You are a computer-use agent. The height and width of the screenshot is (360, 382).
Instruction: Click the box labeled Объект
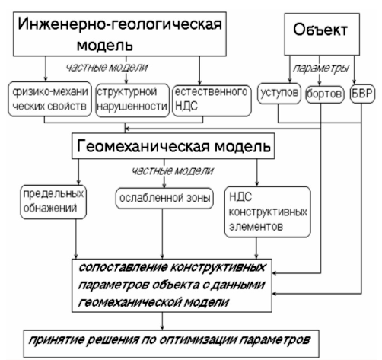(322, 34)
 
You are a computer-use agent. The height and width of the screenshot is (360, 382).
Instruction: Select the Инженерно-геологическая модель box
(119, 34)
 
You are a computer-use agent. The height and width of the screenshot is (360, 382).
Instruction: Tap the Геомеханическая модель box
(173, 146)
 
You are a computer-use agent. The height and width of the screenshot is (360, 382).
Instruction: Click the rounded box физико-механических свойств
(49, 99)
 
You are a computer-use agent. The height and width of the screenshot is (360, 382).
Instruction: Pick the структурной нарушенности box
(132, 100)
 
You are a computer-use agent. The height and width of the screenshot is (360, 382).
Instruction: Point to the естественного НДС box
(212, 100)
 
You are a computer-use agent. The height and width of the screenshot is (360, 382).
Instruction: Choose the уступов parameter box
(279, 94)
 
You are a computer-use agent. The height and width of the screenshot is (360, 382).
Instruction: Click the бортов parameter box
(325, 94)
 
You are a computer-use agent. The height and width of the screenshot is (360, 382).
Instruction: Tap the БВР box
(362, 94)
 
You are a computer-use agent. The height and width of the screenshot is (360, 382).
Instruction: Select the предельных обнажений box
(53, 202)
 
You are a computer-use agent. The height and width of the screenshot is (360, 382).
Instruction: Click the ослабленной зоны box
(164, 199)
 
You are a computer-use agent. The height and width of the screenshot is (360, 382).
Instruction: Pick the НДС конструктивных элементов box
(268, 212)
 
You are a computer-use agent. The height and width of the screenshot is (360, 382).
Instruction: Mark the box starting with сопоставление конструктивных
(172, 285)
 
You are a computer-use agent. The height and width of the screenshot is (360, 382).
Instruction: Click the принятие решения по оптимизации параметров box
(171, 344)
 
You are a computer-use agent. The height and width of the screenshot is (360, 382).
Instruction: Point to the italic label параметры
(321, 68)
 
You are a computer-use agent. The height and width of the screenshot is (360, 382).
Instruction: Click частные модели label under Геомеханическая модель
(172, 170)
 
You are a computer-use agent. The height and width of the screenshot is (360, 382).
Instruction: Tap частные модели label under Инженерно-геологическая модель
(107, 68)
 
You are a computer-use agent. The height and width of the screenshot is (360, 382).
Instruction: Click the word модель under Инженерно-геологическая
(105, 45)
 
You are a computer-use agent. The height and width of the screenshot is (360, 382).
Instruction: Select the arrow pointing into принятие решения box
(162, 321)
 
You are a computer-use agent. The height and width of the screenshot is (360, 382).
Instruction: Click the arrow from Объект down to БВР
(355, 70)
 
